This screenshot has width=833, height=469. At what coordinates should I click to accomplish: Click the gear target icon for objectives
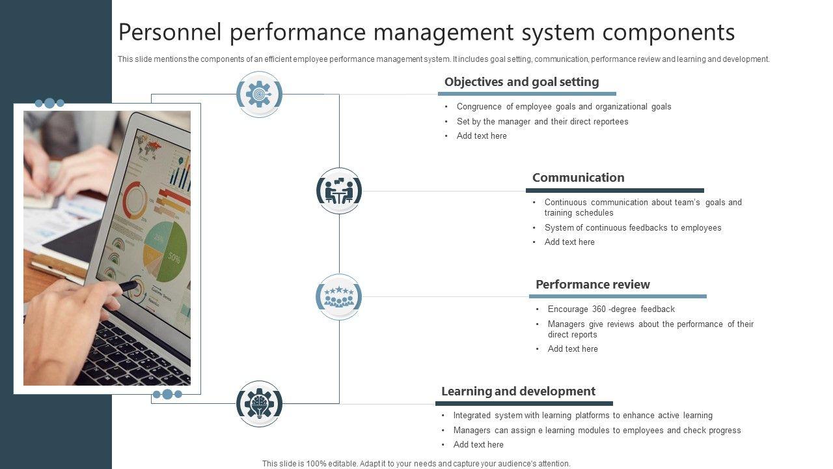coord(259,94)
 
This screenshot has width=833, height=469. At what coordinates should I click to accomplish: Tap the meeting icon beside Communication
coord(338,191)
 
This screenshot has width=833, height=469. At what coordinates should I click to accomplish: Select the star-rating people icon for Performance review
coord(338,297)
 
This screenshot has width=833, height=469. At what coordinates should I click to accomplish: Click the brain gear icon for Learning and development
coord(259,404)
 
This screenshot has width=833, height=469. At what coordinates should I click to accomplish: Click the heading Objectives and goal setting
coord(521,82)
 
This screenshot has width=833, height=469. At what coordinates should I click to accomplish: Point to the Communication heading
coord(578,178)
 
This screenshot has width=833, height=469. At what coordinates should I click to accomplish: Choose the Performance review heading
coord(592,285)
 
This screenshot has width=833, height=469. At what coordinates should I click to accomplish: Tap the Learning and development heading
coord(518,391)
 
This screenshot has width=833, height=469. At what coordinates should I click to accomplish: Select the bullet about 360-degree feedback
coord(611,309)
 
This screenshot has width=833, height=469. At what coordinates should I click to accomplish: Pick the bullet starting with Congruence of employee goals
coord(564,107)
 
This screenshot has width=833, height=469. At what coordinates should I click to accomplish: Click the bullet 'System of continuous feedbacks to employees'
coord(633,228)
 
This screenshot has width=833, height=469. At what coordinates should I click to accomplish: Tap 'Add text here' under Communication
coord(569,242)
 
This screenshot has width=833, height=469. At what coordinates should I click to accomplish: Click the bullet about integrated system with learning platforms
coord(582,416)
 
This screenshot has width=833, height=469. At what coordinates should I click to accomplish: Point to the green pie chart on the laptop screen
coord(165,251)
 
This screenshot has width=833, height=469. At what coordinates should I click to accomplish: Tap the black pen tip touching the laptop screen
coord(130,285)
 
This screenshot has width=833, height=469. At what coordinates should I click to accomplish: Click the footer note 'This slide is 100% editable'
coord(416,464)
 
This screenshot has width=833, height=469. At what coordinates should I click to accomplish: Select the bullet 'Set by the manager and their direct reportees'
coord(542,122)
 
